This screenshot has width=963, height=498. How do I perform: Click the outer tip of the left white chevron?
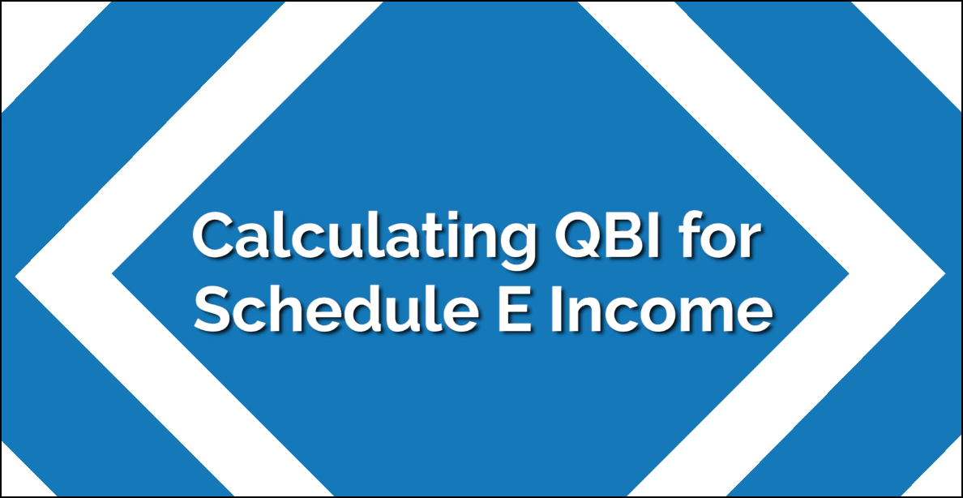click(x=15, y=276)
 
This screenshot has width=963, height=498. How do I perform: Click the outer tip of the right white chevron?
click(x=945, y=273)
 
